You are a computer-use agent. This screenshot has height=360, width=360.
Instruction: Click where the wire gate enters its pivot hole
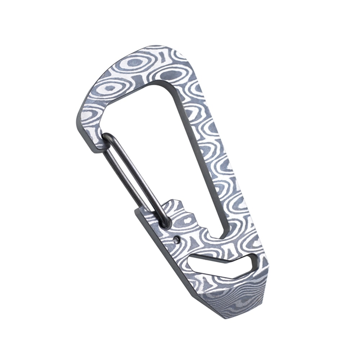click(x=165, y=224)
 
